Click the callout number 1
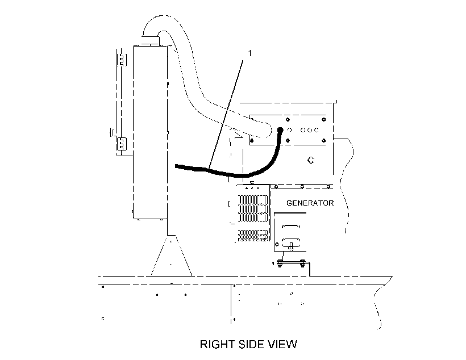pos(249,53)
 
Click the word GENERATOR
pos(310,203)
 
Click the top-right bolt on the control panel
pos(324,119)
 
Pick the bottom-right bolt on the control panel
pos(324,140)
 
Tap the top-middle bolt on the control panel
pos(288,119)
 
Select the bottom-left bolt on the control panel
pos(252,140)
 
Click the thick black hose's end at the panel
pos(280,129)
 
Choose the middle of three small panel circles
pos(310,130)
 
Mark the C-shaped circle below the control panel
pos(311,160)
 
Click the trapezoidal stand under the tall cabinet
pos(171,256)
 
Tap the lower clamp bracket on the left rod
pos(121,144)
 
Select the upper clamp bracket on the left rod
pos(122,60)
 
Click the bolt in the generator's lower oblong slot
pos(290,246)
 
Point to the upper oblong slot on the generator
pos(291,227)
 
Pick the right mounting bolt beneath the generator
pos(302,263)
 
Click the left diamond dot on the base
pos(157,295)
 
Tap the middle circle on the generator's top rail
pos(302,187)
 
